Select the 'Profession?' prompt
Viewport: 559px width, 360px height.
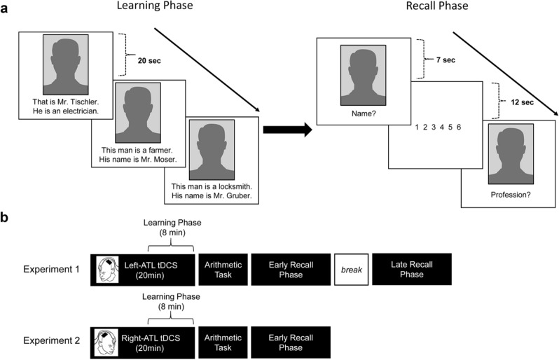510,195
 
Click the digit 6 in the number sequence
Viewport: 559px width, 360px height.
457,127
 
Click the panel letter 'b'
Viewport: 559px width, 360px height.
5,219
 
